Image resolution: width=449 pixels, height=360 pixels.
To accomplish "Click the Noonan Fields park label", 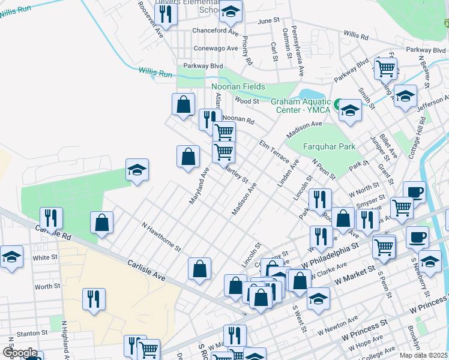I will (x=238, y=86).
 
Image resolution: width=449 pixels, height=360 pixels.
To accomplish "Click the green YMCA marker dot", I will (x=338, y=103).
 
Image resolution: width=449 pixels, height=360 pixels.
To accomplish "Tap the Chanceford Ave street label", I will (x=215, y=31).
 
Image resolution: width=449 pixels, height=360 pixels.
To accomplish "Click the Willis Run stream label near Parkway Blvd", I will (x=155, y=72).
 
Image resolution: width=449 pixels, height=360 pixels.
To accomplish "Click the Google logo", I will (x=20, y=353).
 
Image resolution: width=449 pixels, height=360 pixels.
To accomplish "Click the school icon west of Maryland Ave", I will (x=137, y=170).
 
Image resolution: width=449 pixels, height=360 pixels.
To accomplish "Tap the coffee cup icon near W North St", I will (x=414, y=193).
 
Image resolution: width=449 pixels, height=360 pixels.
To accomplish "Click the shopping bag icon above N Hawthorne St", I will (x=102, y=223).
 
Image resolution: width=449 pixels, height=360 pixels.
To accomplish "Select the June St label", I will (x=269, y=20).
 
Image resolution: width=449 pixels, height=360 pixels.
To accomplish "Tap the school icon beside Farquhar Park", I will (x=350, y=110).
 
